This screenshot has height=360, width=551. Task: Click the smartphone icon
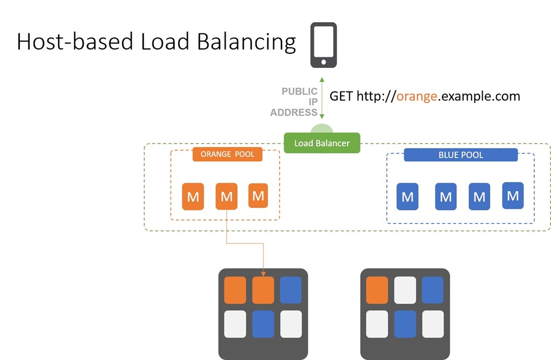pos(323,45)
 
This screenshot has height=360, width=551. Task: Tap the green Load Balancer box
pos(322,143)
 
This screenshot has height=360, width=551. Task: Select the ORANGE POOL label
pos(228,154)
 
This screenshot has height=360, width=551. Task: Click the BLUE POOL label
pos(461,154)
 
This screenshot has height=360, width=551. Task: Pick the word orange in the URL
pos(417,96)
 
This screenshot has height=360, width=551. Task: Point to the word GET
pos(341,96)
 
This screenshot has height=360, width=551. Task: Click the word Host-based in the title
pos(75,41)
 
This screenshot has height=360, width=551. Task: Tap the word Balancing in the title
pos(246,42)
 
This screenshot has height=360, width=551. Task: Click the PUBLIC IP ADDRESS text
pos(294,102)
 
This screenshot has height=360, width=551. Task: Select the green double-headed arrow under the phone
pos(322,98)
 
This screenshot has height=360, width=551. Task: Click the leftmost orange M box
pos(193,196)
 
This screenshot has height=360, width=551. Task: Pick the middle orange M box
pos(227,196)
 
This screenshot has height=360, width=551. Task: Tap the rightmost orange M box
pos(258,195)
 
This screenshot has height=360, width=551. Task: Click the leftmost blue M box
pos(407,196)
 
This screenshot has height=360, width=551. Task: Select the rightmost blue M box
pos(513,195)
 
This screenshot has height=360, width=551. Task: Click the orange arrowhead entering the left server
pos(263,273)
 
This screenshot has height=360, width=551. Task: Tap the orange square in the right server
pos(377,290)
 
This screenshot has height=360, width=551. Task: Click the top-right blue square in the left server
pos(291,290)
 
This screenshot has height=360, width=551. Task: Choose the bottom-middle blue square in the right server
pos(405,324)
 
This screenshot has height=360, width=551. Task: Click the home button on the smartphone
pos(323,62)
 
